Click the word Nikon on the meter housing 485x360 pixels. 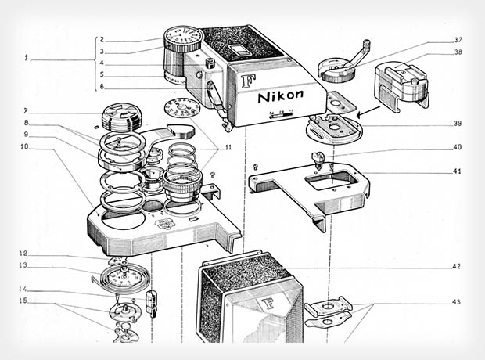click(283, 98)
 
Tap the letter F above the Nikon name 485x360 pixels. click(249, 81)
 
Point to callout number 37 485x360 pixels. click(458, 40)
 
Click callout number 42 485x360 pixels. click(456, 266)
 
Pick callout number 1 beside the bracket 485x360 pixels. click(27, 58)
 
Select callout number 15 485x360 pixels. click(24, 301)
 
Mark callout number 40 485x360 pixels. click(457, 146)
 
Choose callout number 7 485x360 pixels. click(26, 110)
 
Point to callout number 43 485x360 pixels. click(456, 302)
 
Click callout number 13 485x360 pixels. click(24, 266)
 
